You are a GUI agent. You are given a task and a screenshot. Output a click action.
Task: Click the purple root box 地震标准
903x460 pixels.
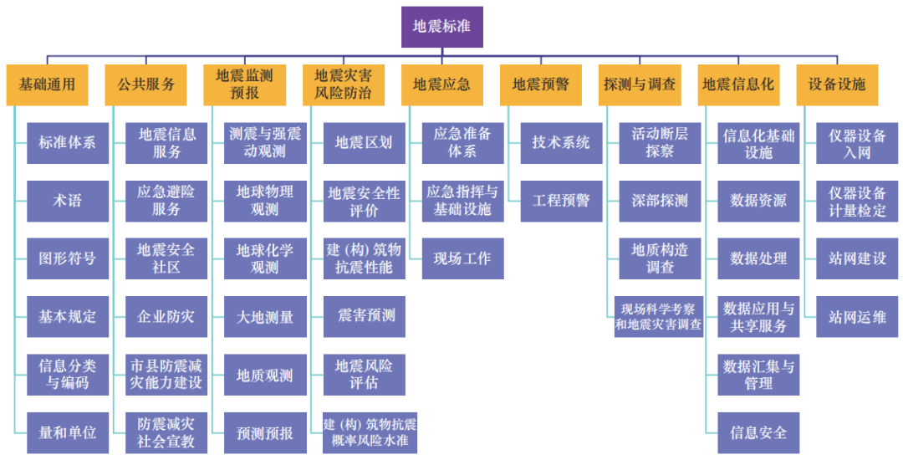coord(441,26)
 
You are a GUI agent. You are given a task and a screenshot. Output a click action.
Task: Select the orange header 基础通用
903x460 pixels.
coord(47,84)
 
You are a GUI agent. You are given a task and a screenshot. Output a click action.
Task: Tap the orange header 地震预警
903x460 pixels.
coord(541,84)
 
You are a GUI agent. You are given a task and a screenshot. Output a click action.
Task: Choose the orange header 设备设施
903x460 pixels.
coord(837,84)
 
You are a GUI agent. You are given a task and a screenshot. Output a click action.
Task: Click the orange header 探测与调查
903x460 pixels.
coord(640,84)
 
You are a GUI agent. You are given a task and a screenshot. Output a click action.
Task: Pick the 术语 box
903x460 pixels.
coord(67,201)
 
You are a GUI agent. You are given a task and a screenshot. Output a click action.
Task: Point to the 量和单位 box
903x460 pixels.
coord(67,432)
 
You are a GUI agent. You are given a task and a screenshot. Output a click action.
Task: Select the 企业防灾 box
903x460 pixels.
coord(166,317)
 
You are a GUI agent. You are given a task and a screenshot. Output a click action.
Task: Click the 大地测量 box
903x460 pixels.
coord(265,317)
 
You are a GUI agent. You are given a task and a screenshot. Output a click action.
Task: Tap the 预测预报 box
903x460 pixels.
coord(265,433)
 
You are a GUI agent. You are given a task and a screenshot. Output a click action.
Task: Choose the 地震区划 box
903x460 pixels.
coord(364,143)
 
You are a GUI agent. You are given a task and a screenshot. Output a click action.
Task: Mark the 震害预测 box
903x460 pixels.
coord(364,316)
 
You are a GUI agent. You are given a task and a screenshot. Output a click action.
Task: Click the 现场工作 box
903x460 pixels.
coord(462,258)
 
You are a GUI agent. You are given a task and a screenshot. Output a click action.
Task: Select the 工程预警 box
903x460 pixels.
coord(561,201)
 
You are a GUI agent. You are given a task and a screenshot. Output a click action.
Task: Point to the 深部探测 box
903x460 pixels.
coord(660,201)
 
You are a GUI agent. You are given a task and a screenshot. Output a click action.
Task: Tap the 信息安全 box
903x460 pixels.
coord(758,432)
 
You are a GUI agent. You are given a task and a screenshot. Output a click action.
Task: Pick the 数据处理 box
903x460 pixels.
coord(758,258)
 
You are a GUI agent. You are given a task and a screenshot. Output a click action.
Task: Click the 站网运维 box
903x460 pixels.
coord(857,317)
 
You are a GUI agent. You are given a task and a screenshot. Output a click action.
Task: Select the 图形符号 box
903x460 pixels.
coord(67,258)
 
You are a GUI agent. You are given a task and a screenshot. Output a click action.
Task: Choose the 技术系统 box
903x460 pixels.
coord(561,143)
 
